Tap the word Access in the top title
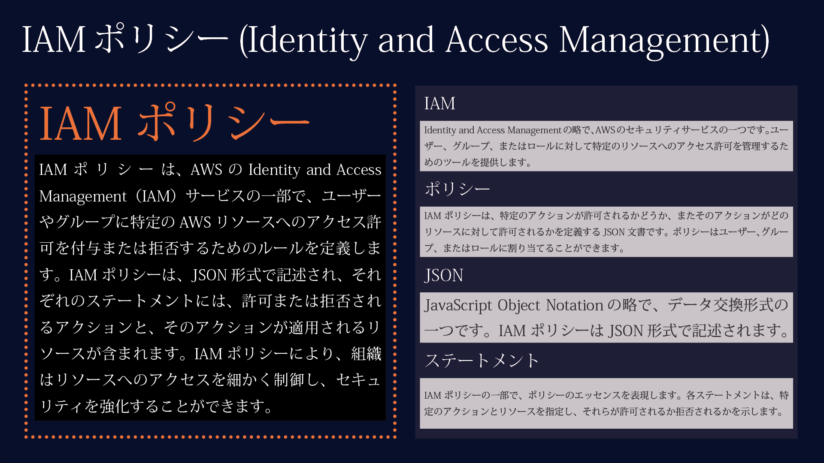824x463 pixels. tap(497, 40)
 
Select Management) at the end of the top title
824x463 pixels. tap(664, 40)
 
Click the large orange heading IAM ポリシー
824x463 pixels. tap(174, 123)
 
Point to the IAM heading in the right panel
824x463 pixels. tap(439, 103)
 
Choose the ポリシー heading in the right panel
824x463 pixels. tap(457, 189)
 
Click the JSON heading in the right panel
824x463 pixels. tap(444, 275)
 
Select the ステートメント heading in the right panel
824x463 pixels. tap(482, 361)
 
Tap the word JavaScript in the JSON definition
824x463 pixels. tap(458, 305)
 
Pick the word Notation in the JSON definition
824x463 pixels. tap(575, 305)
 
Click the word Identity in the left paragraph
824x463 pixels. tap(274, 170)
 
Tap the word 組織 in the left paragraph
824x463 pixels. tap(366, 354)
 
